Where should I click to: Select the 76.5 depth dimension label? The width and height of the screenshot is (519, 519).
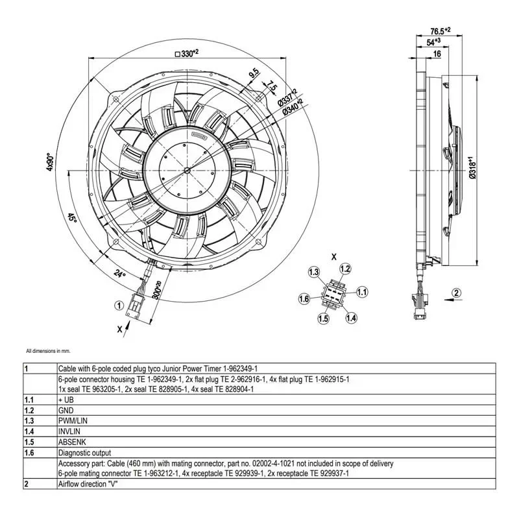pos(441,30)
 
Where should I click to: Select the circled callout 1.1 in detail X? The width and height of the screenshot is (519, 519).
pos(362,292)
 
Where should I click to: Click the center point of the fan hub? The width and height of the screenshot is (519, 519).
pos(187,171)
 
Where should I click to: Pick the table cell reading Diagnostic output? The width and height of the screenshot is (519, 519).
pos(84,453)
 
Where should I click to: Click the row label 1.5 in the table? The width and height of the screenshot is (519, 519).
pos(29,442)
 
